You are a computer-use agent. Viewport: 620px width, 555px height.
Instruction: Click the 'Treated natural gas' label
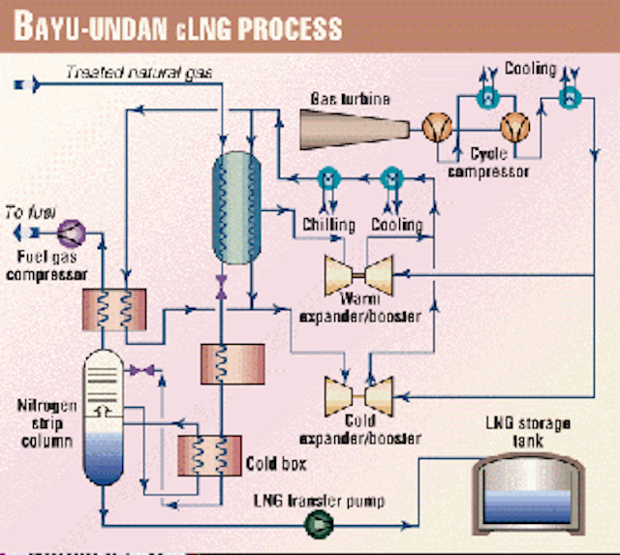coord(145,70)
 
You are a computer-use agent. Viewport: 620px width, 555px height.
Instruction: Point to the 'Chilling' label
coord(324,224)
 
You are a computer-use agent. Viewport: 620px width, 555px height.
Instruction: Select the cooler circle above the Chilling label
coord(327,176)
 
